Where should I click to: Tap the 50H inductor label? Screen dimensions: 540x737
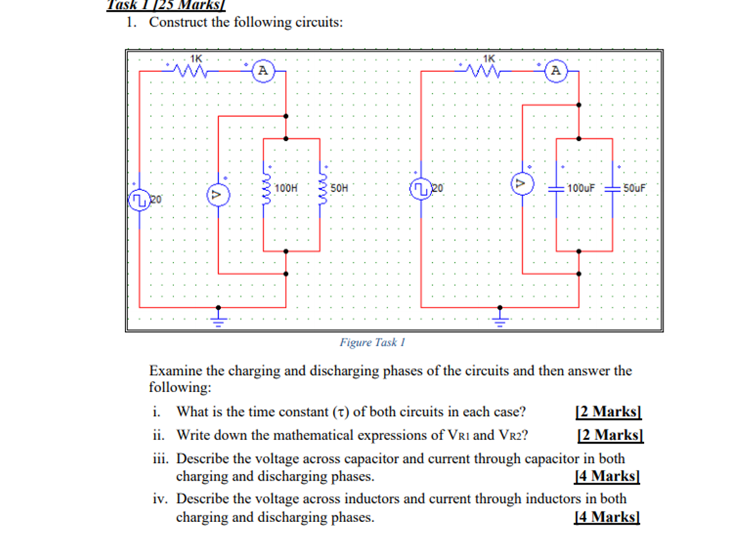click(x=340, y=188)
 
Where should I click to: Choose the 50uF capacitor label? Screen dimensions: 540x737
click(x=634, y=188)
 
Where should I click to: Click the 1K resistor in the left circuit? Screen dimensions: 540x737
click(x=191, y=69)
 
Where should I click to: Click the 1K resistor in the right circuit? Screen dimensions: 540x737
click(x=486, y=69)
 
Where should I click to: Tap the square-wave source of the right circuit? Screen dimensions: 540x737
click(x=421, y=189)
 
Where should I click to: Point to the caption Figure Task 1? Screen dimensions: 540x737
click(x=372, y=343)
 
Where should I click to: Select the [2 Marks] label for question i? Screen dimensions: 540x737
click(x=607, y=411)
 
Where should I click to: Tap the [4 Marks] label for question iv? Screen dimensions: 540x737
click(x=606, y=516)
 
